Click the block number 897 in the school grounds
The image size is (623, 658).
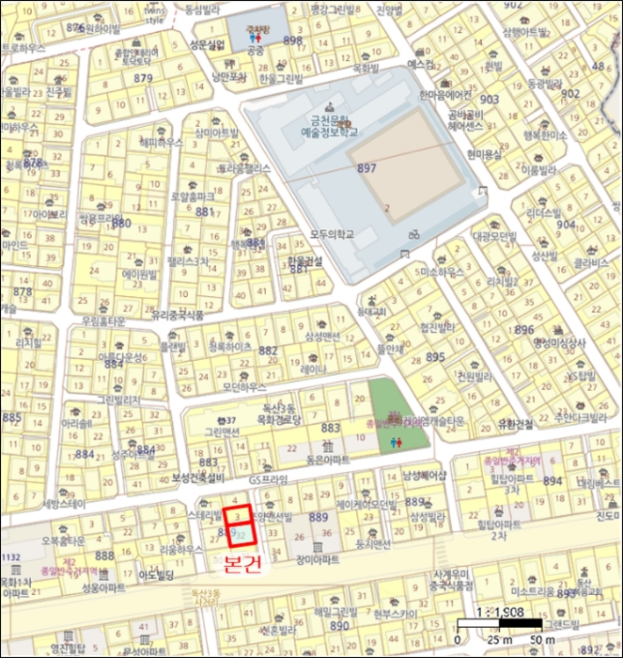(x=366, y=167)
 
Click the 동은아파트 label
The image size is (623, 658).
(x=328, y=460)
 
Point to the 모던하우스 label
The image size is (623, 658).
(x=244, y=386)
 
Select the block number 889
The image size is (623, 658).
(x=318, y=518)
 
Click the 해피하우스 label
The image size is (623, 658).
(x=161, y=143)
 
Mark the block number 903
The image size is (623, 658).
(x=490, y=99)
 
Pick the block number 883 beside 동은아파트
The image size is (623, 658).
(x=330, y=428)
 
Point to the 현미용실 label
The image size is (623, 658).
(x=486, y=155)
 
